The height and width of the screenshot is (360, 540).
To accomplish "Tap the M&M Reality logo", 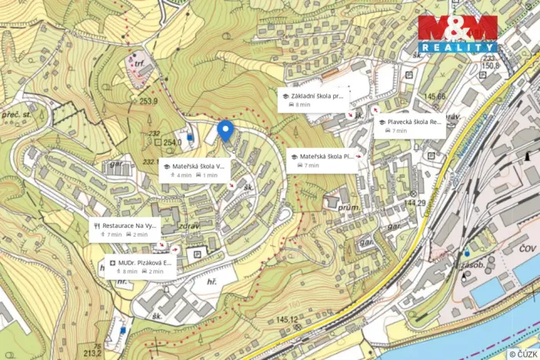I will point(457,33).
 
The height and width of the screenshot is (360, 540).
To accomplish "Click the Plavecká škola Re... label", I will point(409,125).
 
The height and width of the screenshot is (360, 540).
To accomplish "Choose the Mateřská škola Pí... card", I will point(322,160).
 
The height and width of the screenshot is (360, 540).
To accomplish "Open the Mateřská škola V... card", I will point(193,170).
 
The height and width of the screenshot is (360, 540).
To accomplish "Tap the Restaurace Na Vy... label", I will point(124,229).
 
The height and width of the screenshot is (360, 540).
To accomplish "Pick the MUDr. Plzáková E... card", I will point(137,266).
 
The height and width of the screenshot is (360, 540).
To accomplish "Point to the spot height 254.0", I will point(172,142).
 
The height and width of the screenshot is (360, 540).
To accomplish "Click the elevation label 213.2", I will point(92,353).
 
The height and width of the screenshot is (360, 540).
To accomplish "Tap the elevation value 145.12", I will point(286,319).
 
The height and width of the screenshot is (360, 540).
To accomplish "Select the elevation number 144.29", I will point(415,203).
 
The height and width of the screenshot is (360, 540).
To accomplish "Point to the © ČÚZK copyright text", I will point(522,353).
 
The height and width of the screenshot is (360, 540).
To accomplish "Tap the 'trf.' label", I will point(139,65).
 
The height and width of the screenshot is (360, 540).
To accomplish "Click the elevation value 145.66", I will point(435,96).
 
